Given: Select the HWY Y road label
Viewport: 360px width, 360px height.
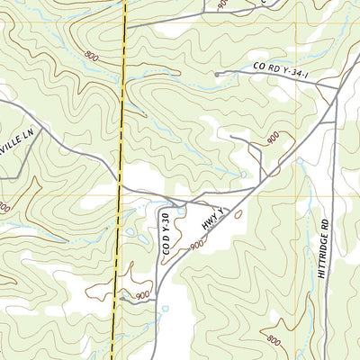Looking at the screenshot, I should point(211,222).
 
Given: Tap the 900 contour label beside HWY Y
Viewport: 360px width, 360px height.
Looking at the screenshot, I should point(197,244).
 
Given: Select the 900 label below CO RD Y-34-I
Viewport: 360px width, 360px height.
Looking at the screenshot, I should point(272,138).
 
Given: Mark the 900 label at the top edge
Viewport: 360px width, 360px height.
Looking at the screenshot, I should point(222,4).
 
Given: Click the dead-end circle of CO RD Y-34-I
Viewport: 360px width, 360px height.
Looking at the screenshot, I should point(216,75).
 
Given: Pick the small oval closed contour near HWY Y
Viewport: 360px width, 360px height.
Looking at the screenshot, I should point(238,214).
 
